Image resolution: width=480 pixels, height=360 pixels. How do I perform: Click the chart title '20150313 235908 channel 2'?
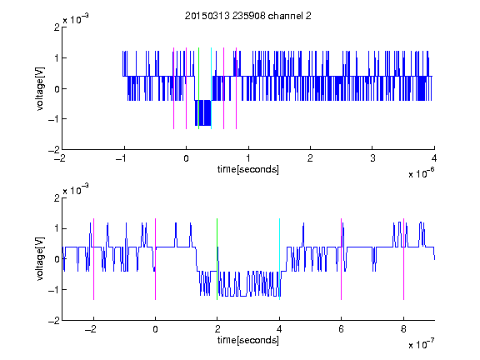(x=248, y=16)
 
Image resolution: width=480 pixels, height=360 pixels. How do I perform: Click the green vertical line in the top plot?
(x=198, y=88)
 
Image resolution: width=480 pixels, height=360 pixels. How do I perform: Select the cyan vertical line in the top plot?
(x=211, y=88)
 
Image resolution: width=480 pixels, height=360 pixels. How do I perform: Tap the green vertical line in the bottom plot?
(x=217, y=259)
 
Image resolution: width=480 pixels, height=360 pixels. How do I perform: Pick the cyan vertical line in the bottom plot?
(x=279, y=259)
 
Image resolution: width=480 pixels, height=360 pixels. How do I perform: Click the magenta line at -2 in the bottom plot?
(x=93, y=259)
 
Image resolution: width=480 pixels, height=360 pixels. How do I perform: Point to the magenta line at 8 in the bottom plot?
(x=404, y=259)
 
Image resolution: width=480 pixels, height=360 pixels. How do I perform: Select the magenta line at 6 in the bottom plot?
(x=342, y=259)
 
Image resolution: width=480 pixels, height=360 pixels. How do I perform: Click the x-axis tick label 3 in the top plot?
(x=372, y=158)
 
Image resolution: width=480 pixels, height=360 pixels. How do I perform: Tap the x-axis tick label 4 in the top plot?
(x=434, y=158)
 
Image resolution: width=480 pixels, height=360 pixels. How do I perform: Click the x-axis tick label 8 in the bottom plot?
(x=403, y=329)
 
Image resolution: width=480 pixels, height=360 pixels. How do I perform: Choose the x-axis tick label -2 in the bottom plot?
(x=91, y=329)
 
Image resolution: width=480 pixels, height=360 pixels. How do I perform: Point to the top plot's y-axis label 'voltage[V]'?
(x=40, y=88)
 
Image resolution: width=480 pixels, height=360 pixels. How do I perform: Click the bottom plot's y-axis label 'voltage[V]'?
(x=40, y=259)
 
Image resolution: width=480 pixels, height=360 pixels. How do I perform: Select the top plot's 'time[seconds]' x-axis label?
(x=248, y=169)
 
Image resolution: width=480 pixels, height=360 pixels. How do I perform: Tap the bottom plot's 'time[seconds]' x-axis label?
(x=248, y=340)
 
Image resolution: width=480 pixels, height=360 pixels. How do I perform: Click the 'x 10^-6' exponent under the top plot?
(x=421, y=173)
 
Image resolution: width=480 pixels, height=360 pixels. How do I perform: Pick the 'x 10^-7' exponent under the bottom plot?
(x=421, y=344)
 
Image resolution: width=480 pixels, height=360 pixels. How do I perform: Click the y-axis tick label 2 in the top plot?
(x=57, y=27)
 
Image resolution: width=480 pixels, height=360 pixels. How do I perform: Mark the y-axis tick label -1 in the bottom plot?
(x=54, y=290)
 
